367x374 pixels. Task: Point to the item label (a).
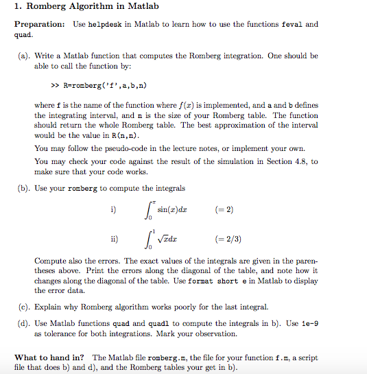click(23, 56)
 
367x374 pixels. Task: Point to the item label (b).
click(23, 188)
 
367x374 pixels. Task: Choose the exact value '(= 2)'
click(225, 209)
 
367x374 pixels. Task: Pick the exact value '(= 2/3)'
click(228, 239)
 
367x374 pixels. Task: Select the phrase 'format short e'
click(226, 281)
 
